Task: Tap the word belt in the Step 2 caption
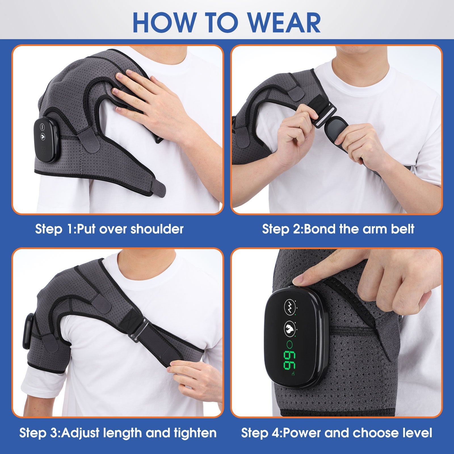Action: pos(402,229)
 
